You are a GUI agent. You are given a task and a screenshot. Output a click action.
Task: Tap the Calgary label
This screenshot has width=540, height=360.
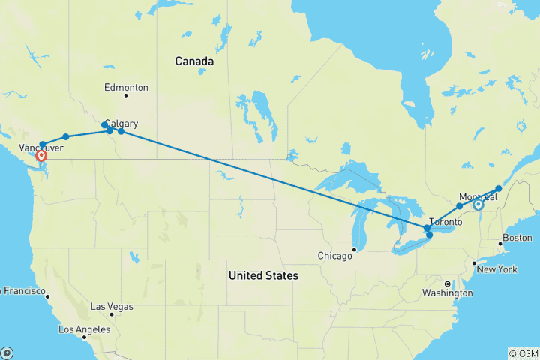click(x=121, y=124)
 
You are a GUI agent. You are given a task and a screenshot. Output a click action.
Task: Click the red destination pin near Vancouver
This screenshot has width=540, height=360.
click(x=41, y=157)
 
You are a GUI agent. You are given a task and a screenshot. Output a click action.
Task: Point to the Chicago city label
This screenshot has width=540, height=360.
click(x=334, y=256)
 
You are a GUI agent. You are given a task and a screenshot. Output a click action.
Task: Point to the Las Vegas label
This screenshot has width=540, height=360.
click(x=112, y=307)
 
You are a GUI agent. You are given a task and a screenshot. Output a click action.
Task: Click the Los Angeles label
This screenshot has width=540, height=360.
click(x=85, y=329)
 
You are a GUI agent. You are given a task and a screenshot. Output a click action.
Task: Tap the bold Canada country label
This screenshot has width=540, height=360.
click(x=194, y=61)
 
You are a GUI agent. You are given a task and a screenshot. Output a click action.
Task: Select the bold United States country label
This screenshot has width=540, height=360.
click(x=263, y=276)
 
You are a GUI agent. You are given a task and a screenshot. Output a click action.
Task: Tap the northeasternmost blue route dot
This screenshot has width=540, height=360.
click(x=499, y=189)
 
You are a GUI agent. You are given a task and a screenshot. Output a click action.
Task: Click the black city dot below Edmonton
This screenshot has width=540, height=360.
click(x=126, y=95)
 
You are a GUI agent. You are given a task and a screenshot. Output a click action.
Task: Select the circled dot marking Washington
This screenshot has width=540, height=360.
click(x=447, y=284)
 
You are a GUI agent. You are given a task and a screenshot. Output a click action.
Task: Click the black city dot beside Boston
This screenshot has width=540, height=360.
click(x=500, y=244)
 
